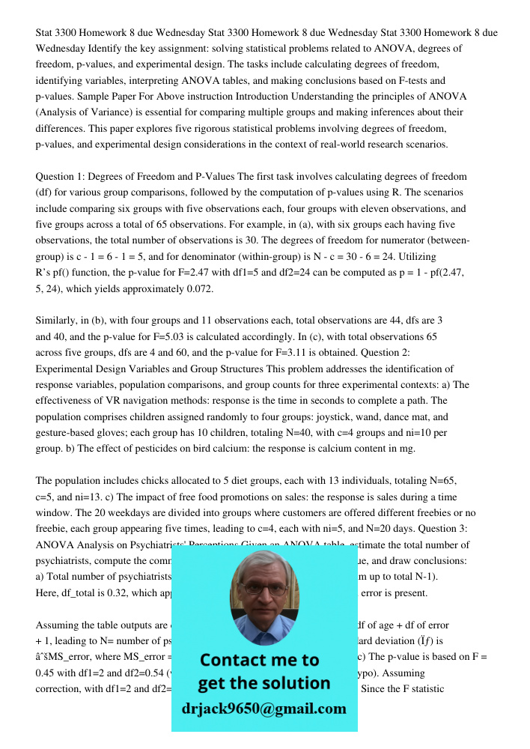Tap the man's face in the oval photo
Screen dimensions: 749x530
point(263,596)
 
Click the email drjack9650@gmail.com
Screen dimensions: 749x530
point(264,708)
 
